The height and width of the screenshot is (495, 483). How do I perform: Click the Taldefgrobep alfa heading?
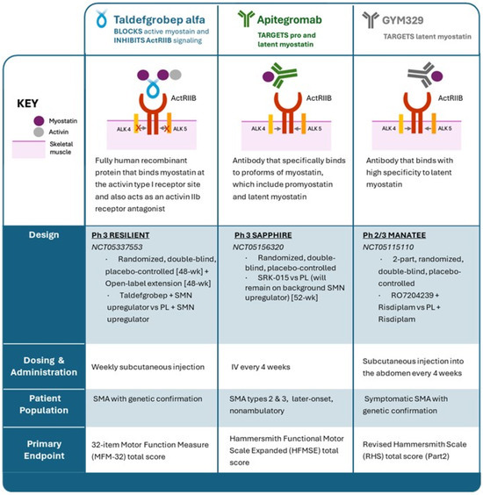pos(162,17)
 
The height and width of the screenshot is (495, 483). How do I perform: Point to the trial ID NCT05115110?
pos(391,249)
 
